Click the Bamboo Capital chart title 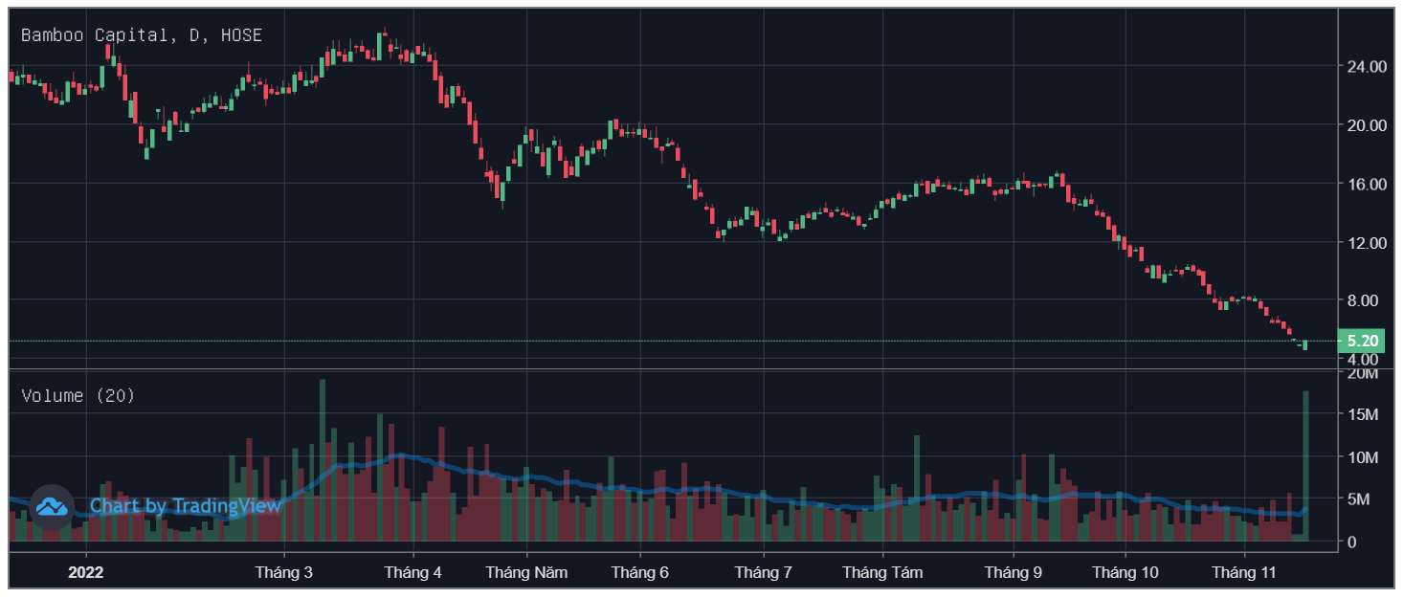point(141,35)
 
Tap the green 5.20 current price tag point(1361,341)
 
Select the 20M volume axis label point(1362,373)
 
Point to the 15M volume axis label point(1362,414)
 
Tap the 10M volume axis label point(1362,456)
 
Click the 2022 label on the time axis point(85,573)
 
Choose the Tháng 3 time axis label point(283,573)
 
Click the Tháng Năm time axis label point(526,573)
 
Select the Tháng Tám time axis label point(882,573)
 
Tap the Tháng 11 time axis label point(1244,573)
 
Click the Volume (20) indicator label point(78,395)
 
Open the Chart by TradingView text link point(186,505)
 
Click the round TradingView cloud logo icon point(52,506)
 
